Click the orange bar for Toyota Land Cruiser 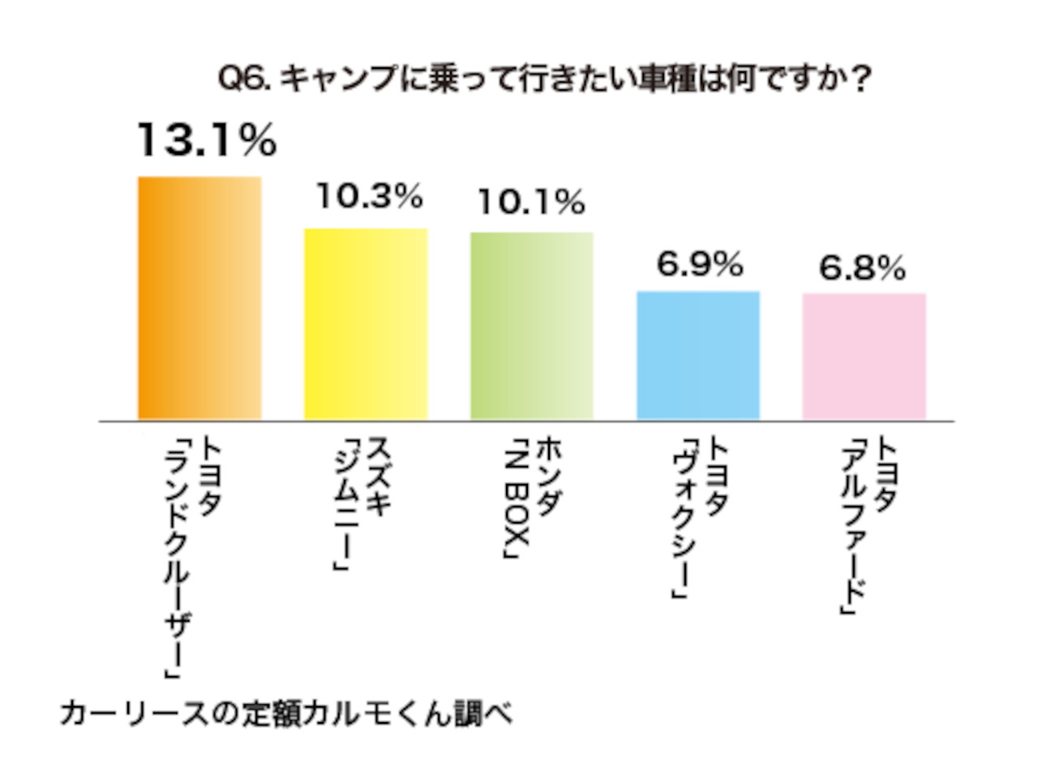(x=199, y=298)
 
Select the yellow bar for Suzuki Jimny (x=366, y=324)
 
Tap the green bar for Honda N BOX (x=532, y=326)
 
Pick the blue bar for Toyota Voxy (x=698, y=355)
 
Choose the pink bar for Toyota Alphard (x=864, y=357)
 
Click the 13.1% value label (x=207, y=141)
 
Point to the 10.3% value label (x=369, y=195)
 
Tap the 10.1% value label (x=530, y=201)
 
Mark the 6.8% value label (x=862, y=268)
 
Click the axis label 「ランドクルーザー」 (x=175, y=559)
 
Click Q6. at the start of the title (x=248, y=80)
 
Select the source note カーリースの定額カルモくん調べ (x=288, y=714)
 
